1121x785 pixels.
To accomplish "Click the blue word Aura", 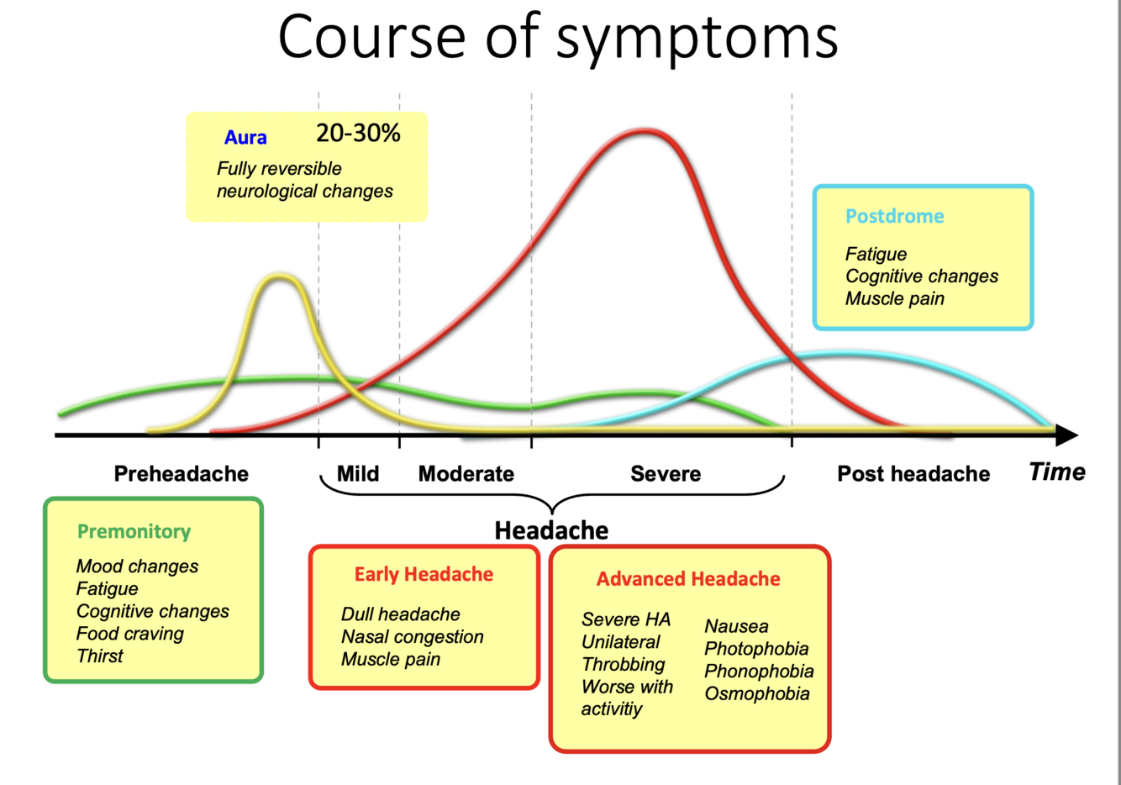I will pos(245,138).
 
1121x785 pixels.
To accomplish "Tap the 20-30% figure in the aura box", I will pos(358,133).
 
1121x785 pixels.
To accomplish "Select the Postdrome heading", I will pos(894,216).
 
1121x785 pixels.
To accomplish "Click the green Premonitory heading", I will pos(134,531).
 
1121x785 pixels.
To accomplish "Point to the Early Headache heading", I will pos(424,574).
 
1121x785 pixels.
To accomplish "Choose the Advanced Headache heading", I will pos(688,579).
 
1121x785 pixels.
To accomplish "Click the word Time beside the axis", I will pos(1057,472).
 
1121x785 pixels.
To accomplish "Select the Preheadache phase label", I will pos(181,474).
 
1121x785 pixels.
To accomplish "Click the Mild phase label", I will pos(358,474).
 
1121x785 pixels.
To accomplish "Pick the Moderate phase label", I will pos(466,474).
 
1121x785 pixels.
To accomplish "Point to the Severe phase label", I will pos(666,474).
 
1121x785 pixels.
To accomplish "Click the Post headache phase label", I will pos(913,474).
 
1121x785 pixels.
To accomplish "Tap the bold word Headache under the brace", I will pos(551,530).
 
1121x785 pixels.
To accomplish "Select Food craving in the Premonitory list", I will pos(129,634).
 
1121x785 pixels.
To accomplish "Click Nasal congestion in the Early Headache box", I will pos(412,637).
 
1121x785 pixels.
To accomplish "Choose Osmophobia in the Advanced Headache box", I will pos(757,693).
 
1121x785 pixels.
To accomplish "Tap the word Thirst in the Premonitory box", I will pos(99,656).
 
